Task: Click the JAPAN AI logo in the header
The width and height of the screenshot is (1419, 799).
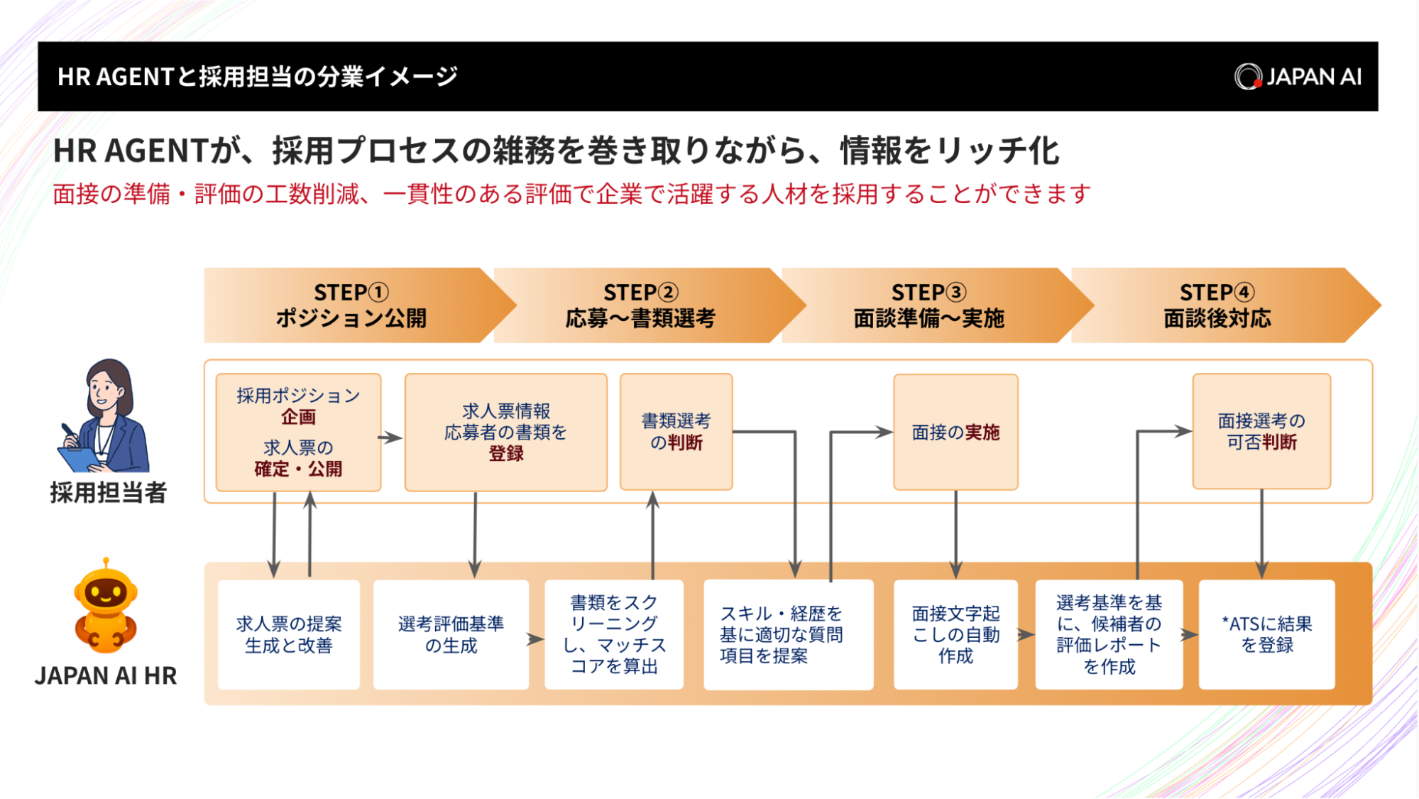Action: [1298, 77]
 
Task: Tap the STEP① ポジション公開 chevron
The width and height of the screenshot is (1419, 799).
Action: [351, 305]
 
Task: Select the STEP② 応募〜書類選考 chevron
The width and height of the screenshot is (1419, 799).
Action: [640, 305]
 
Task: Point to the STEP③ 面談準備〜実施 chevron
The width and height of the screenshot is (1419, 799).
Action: [928, 305]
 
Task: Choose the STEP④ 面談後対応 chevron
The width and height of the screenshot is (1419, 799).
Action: [1217, 305]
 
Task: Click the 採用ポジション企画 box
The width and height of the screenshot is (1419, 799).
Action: [298, 432]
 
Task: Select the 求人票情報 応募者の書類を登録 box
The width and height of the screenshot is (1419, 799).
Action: [505, 432]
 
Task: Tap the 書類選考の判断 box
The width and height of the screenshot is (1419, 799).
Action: [676, 432]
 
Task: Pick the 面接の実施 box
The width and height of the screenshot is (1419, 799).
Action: [955, 432]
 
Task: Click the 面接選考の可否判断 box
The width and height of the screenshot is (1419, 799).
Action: [1261, 431]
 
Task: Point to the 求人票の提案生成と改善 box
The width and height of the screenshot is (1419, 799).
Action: [288, 634]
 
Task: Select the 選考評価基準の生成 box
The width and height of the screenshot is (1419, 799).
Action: [451, 634]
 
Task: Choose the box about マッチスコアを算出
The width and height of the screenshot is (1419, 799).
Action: [614, 634]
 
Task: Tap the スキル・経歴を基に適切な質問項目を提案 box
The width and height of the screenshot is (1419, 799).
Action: [788, 634]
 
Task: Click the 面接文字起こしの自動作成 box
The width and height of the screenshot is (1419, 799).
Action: [955, 634]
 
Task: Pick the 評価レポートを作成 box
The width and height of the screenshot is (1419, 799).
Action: [1109, 634]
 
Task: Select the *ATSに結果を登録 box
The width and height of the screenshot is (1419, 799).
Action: [1266, 634]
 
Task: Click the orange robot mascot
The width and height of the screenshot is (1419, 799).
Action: [106, 607]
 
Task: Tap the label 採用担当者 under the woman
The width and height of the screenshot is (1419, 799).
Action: [108, 492]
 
